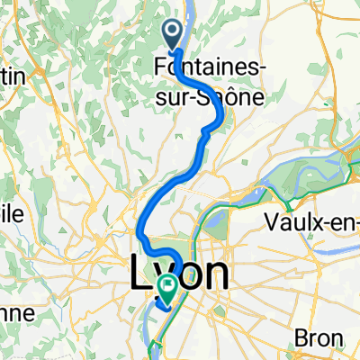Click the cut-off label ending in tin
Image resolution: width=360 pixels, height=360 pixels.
15,78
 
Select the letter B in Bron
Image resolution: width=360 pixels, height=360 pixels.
303,338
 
